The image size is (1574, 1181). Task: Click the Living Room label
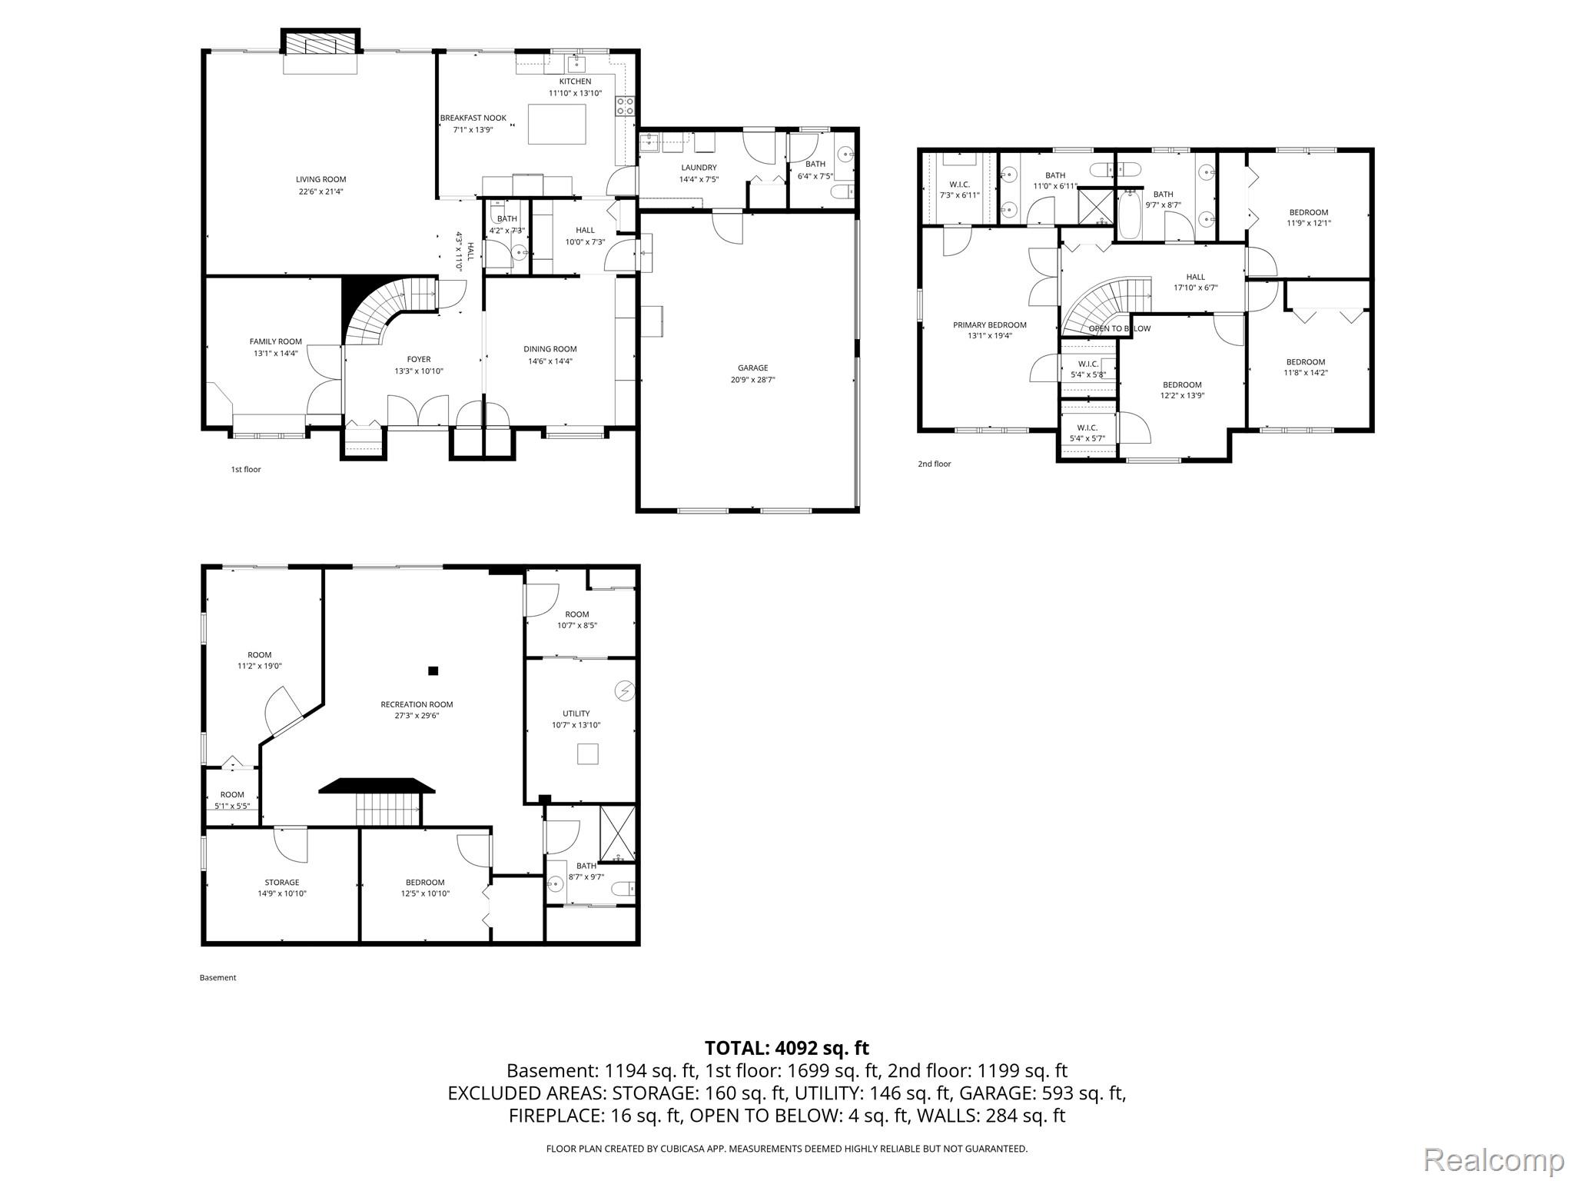pos(320,179)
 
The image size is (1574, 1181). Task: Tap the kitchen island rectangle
pos(556,124)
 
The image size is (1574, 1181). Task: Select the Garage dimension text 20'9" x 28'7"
pos(752,379)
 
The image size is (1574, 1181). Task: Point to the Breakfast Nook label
pos(473,118)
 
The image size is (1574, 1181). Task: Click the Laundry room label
pos(699,168)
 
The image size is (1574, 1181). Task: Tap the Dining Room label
pos(550,349)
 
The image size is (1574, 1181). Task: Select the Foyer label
pos(418,359)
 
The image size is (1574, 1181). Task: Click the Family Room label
pos(275,341)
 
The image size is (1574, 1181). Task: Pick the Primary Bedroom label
pos(989,325)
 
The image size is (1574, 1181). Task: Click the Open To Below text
pos(1119,329)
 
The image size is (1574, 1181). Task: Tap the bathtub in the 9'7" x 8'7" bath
pos(1130,216)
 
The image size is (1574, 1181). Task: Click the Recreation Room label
pos(417,704)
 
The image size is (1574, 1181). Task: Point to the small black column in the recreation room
pos(433,671)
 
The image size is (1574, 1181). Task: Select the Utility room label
pos(576,714)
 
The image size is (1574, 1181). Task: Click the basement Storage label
pos(281,883)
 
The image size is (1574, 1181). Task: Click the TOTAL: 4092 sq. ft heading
pos(786,1048)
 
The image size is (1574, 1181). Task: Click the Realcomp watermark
pos(1493,1159)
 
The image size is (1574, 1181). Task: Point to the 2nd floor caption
pos(934,464)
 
